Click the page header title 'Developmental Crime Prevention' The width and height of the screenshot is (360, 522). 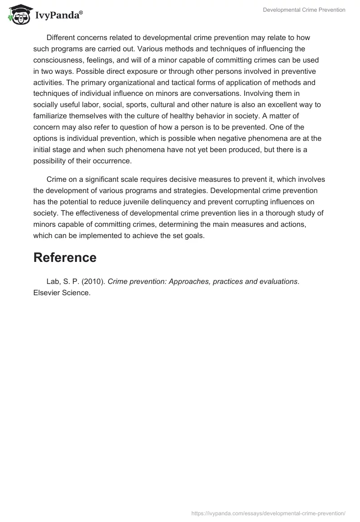pos(304,10)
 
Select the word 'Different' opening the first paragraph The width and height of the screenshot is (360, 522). pos(61,38)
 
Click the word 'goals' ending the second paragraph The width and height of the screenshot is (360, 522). pos(194,235)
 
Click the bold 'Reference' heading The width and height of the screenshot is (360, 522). pos(65,257)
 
